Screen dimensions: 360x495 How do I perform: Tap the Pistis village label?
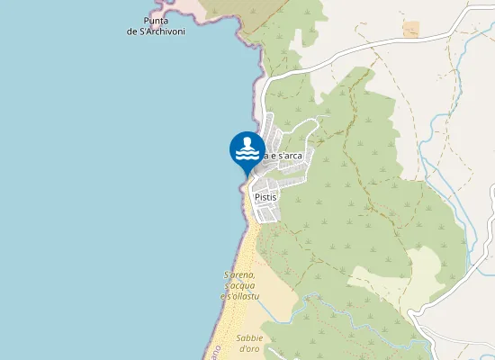265,196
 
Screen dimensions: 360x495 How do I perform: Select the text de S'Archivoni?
156,31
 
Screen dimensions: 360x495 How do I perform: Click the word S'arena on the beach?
240,274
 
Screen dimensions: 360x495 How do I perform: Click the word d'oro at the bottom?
249,348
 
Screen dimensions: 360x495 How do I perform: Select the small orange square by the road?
411,30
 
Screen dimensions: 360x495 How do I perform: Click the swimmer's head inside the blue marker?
247,141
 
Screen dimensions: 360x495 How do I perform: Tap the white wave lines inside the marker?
247,154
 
